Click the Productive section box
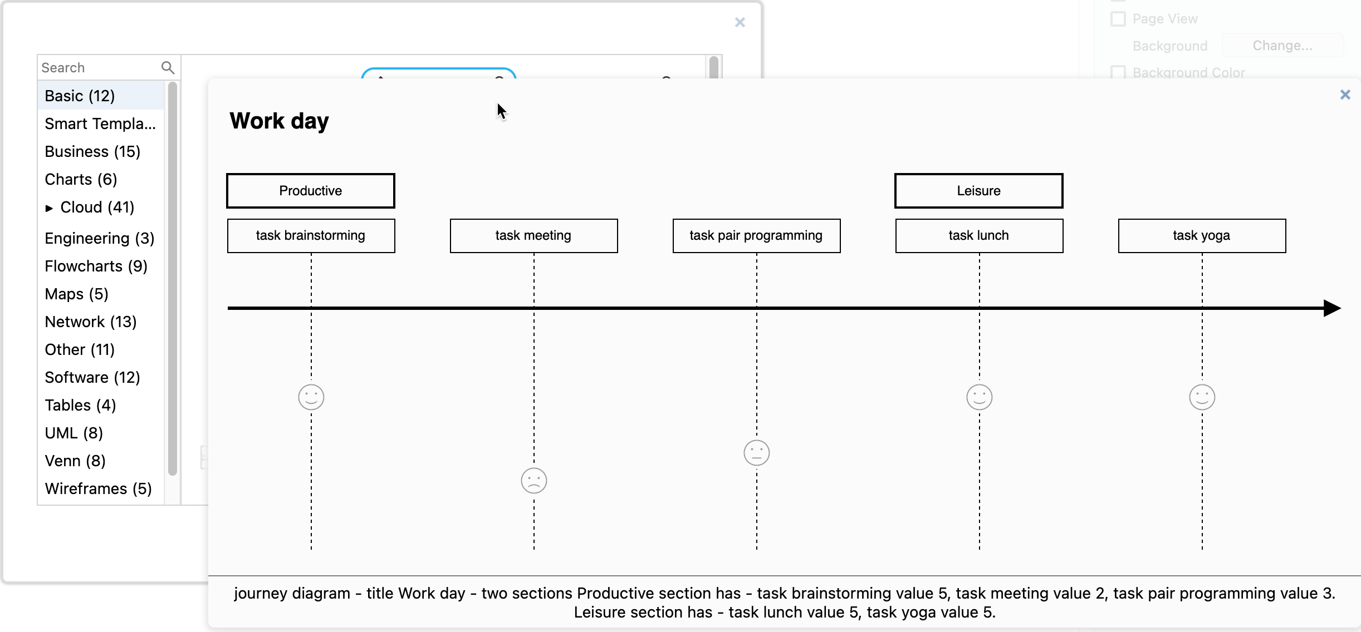[311, 191]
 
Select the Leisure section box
[978, 191]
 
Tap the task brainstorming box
[311, 236]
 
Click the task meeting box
[533, 236]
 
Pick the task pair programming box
[756, 236]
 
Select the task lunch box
[979, 236]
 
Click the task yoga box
[1202, 236]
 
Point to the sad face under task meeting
[533, 481]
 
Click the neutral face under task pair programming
[756, 453]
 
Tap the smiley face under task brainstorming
[311, 397]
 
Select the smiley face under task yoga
[1202, 397]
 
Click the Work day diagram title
[279, 121]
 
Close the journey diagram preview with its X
[1345, 95]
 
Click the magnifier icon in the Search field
[168, 68]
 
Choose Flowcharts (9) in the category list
[96, 266]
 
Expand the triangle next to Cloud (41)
[49, 208]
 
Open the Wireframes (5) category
[98, 488]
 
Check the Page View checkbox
[1118, 19]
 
